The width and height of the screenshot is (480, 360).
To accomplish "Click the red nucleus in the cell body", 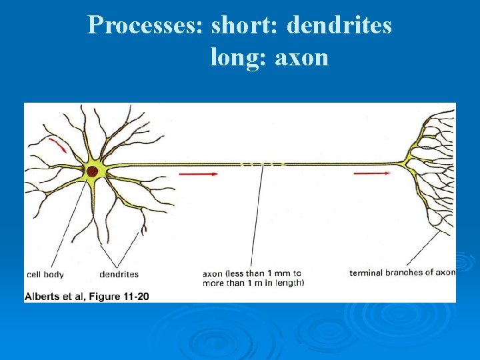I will pyautogui.click(x=92, y=172).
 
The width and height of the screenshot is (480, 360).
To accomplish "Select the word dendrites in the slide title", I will pyautogui.click(x=339, y=25).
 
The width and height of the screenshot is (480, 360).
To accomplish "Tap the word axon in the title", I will pyautogui.click(x=301, y=58).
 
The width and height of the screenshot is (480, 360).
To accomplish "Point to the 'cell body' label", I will pyautogui.click(x=45, y=274).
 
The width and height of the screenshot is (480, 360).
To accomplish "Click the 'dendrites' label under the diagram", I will pyautogui.click(x=119, y=274).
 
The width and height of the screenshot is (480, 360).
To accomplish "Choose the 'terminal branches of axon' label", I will pyautogui.click(x=403, y=272).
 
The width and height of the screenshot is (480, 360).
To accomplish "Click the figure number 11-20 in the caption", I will pyautogui.click(x=135, y=296).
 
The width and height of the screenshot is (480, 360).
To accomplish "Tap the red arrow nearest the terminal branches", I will pyautogui.click(x=372, y=173).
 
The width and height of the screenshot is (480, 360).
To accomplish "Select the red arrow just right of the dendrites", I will pyautogui.click(x=198, y=173).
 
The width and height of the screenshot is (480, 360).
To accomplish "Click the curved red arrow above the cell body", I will pyautogui.click(x=57, y=145).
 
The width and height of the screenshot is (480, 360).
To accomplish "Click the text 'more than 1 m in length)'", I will pyautogui.click(x=253, y=283).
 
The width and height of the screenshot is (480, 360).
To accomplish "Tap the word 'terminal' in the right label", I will pyautogui.click(x=366, y=272).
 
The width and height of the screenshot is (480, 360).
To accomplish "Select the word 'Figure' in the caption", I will pyautogui.click(x=103, y=296).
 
